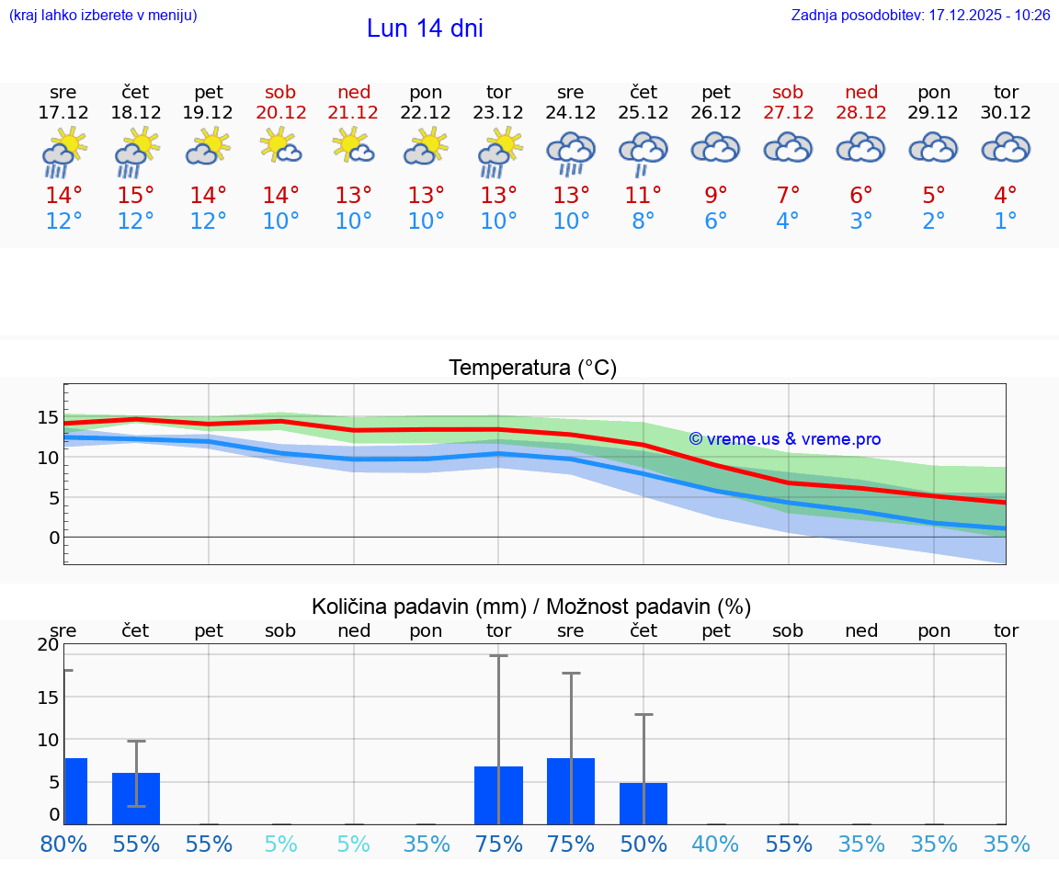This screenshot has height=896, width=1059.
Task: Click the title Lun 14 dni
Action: (425, 28)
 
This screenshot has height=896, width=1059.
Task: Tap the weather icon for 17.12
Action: (63, 153)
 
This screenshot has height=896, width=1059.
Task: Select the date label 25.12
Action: (643, 113)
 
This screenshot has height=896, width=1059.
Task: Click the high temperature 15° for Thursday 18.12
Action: (136, 196)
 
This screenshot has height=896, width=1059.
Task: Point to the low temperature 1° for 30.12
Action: (1006, 221)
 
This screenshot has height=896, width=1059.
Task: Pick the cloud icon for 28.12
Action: (860, 149)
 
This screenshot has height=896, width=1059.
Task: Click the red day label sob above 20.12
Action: (280, 92)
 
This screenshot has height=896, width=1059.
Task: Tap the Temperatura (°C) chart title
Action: (532, 368)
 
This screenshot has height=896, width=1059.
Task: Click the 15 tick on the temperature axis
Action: (48, 418)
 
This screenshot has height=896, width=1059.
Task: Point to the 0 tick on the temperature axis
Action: (53, 538)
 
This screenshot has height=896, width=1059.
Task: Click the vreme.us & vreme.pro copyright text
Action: (785, 439)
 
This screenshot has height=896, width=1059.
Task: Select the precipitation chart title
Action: (531, 607)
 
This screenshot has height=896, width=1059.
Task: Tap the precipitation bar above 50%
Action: (643, 803)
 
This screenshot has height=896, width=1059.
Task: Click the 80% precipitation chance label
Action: (63, 844)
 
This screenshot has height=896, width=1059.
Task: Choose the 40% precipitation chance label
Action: (716, 844)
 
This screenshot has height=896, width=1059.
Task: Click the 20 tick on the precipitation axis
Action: (48, 644)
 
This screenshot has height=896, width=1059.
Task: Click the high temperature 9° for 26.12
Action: (716, 196)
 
